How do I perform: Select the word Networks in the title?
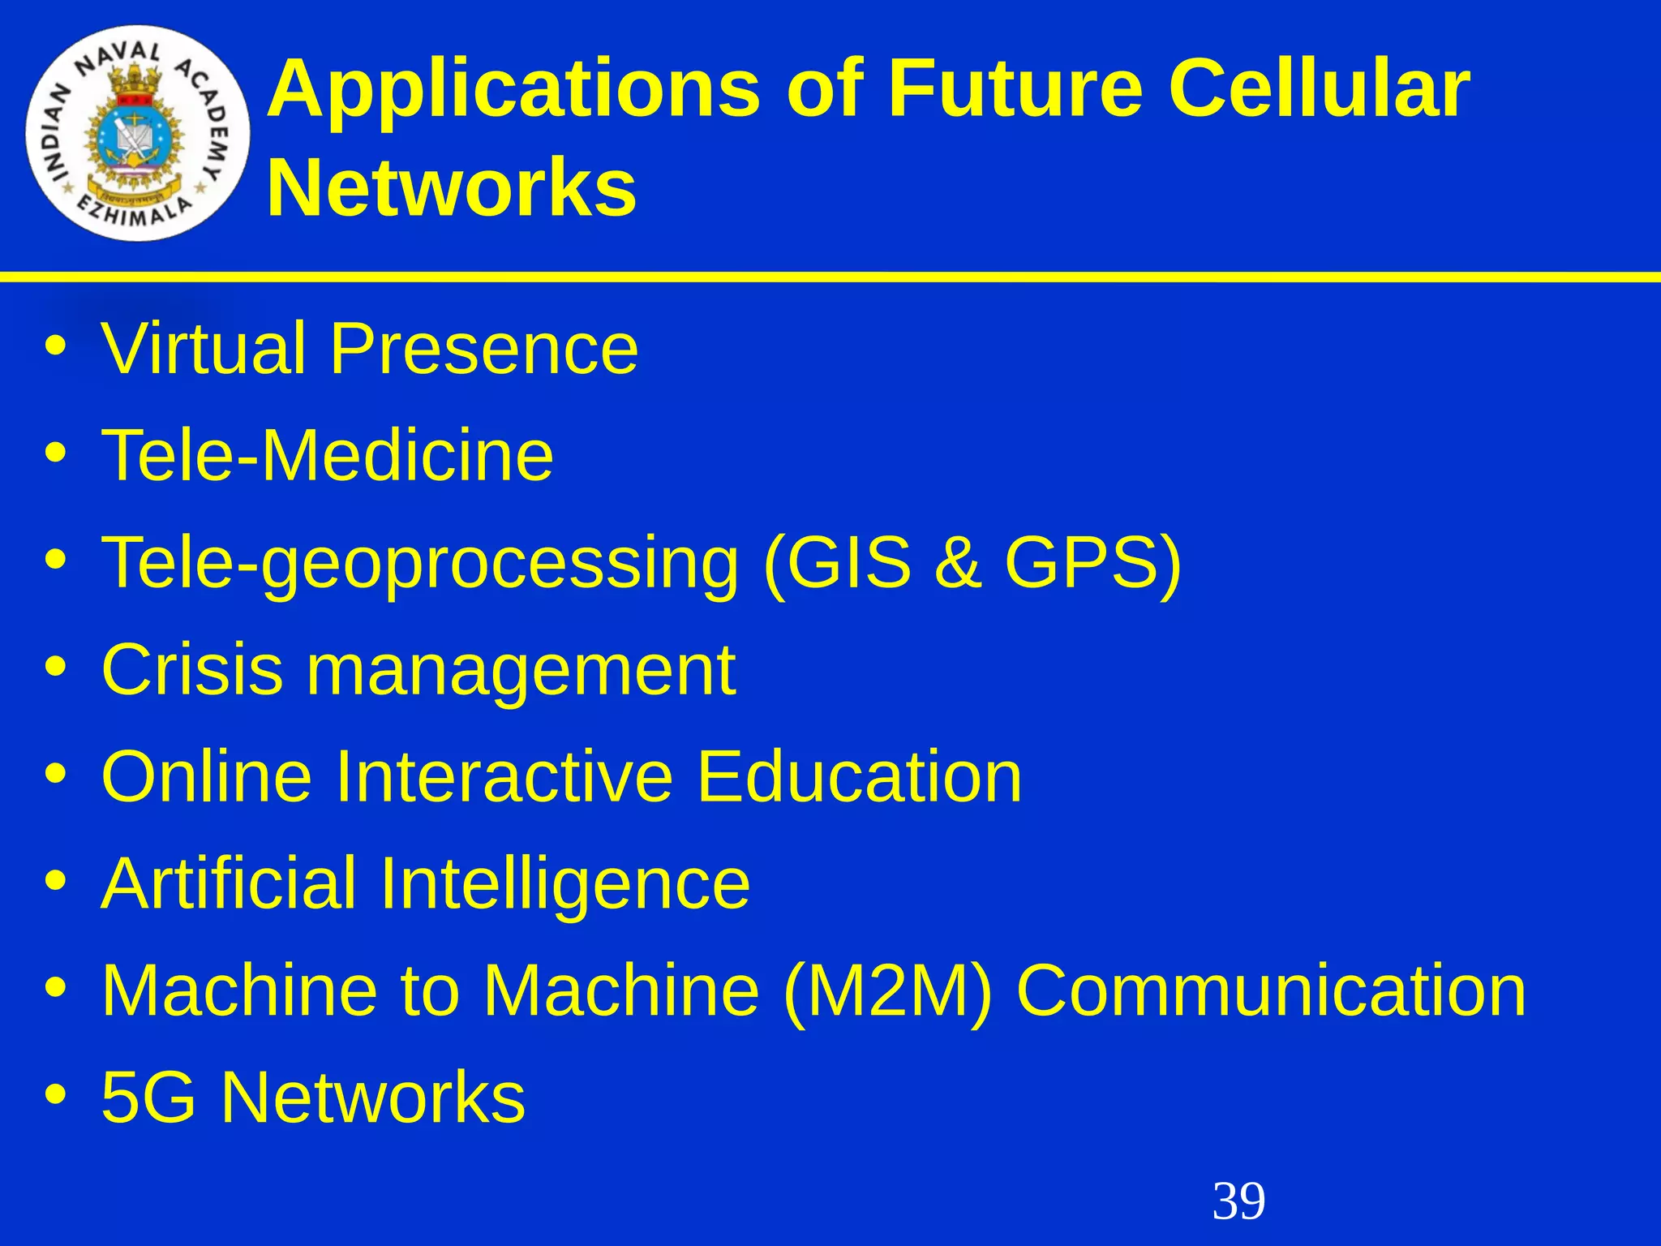(452, 188)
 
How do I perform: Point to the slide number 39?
(1238, 1201)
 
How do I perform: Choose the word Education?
(859, 776)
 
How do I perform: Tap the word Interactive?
(503, 776)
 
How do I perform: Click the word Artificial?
(229, 883)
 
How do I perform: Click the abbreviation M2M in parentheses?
(888, 990)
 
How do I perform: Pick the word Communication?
(1271, 990)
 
